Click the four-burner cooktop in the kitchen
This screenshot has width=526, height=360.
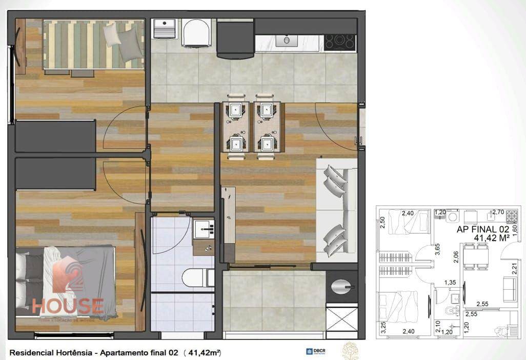click(340, 42)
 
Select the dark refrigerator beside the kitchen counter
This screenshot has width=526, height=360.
click(235, 39)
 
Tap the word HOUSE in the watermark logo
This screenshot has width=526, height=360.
click(68, 306)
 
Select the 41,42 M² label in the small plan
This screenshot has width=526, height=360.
click(491, 238)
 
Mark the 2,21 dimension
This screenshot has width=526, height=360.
click(515, 268)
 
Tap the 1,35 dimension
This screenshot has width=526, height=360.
click(450, 283)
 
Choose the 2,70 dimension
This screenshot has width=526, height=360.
click(498, 211)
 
